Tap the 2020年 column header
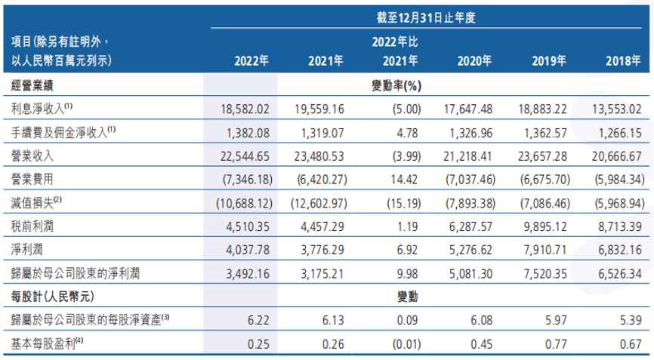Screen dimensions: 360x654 point(474,62)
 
